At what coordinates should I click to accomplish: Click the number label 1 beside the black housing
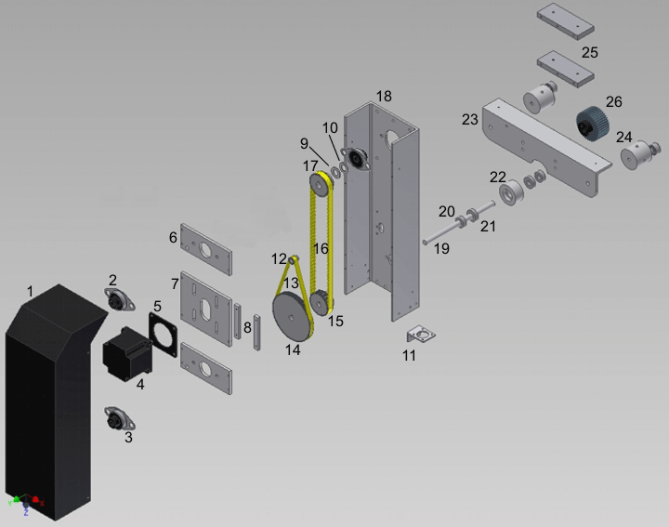pyautogui.click(x=30, y=292)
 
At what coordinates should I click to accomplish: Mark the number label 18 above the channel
pyautogui.click(x=384, y=97)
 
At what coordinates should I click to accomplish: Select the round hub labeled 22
pyautogui.click(x=509, y=195)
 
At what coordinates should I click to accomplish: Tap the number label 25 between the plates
pyautogui.click(x=590, y=52)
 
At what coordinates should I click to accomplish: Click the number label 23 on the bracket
pyautogui.click(x=470, y=119)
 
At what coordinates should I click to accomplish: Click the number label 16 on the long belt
pyautogui.click(x=321, y=249)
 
